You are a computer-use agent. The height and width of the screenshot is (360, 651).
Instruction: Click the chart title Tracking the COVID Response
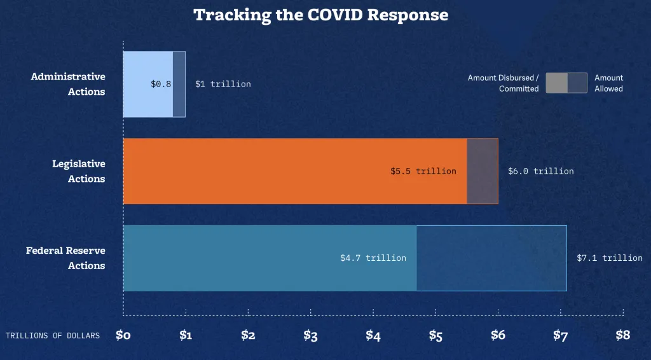[x=320, y=15]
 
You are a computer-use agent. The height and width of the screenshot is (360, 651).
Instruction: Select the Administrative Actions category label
[x=68, y=84]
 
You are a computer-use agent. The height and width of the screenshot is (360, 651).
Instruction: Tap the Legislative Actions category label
[x=78, y=171]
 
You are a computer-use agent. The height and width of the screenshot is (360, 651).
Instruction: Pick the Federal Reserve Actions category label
[x=65, y=258]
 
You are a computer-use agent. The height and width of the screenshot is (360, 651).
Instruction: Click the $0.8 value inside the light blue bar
[x=161, y=84]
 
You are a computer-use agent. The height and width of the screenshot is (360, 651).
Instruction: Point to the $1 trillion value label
[x=223, y=84]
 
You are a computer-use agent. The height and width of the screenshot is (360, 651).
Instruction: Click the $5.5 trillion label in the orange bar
[x=423, y=171]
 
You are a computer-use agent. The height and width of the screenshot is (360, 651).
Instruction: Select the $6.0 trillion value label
[x=541, y=171]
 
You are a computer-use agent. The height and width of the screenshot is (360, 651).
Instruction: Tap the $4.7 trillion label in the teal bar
[x=373, y=258]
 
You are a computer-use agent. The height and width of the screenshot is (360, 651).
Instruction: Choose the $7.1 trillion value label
[x=610, y=258]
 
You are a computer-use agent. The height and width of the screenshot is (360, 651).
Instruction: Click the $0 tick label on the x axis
[x=123, y=335]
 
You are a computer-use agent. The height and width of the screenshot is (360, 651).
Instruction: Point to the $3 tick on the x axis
[x=310, y=335]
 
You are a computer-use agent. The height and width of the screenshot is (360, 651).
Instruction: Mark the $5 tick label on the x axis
[x=435, y=335]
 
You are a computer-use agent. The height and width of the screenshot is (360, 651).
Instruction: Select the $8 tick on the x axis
[x=623, y=335]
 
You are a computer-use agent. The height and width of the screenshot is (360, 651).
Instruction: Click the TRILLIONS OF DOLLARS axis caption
[x=53, y=336]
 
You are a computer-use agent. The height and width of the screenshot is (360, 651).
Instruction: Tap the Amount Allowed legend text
[x=608, y=83]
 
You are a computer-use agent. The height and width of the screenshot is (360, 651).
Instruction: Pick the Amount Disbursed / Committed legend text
[x=504, y=83]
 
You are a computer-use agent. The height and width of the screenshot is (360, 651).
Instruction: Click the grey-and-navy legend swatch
[x=566, y=83]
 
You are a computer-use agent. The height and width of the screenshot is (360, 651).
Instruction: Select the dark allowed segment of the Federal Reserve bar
[x=491, y=258]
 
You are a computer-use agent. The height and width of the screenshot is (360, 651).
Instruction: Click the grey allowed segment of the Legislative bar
[x=483, y=171]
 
